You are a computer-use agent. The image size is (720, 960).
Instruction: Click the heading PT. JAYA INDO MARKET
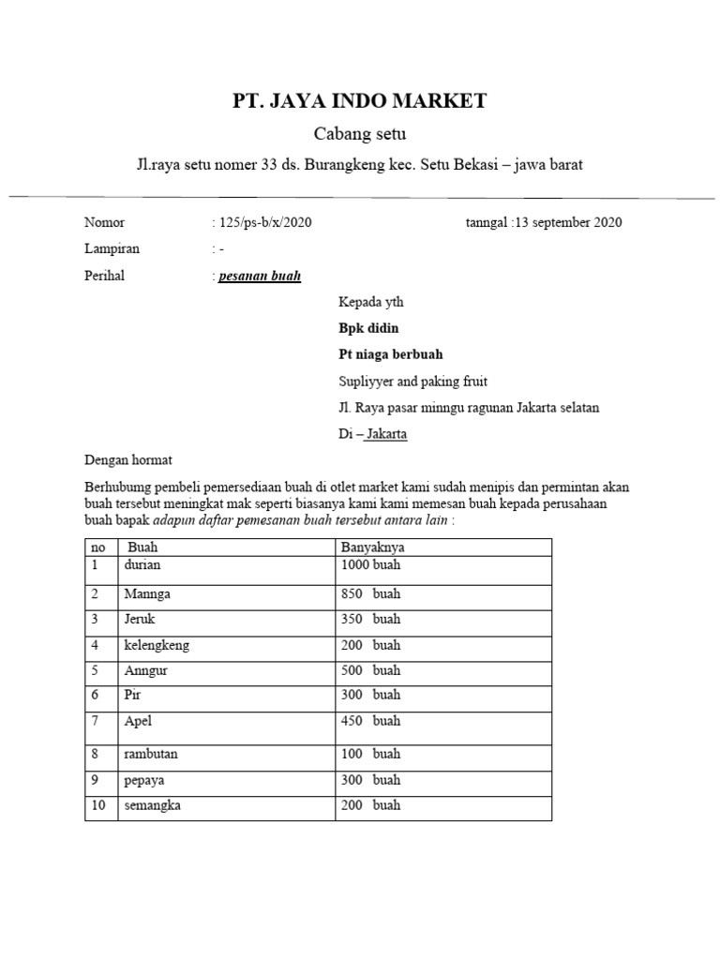(x=360, y=101)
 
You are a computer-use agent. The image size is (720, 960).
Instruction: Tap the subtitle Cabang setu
(x=360, y=134)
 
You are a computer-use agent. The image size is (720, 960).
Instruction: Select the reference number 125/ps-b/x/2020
(x=264, y=222)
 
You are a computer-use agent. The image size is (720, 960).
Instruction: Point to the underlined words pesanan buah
(x=260, y=276)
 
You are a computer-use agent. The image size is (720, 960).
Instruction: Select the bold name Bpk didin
(x=368, y=328)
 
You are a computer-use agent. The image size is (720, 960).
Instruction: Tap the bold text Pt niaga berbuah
(x=390, y=354)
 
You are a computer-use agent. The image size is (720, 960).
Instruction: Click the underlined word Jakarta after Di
(x=386, y=434)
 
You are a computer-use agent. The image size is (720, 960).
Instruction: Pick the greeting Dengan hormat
(x=128, y=460)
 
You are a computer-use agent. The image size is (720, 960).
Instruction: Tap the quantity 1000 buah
(x=370, y=565)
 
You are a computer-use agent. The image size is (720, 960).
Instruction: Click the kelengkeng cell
(x=157, y=645)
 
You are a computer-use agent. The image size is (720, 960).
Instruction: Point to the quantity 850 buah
(x=370, y=593)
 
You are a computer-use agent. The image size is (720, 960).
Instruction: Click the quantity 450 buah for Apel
(x=370, y=721)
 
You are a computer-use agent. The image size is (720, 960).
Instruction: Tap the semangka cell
(x=152, y=805)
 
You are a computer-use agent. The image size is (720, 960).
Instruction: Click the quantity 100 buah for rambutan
(x=370, y=754)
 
